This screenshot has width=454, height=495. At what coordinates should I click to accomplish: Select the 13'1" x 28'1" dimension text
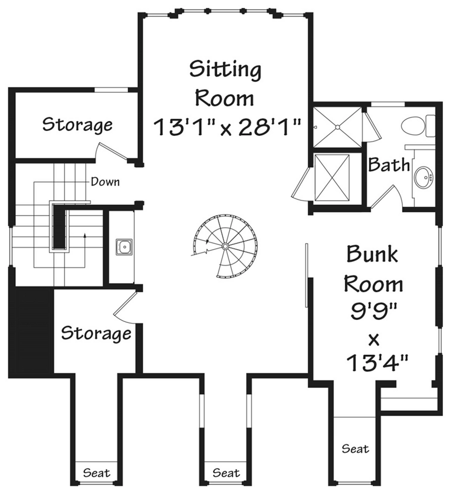[227, 127]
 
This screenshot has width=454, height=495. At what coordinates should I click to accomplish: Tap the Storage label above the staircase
[77, 125]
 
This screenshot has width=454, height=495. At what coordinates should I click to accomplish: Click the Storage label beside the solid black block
[96, 333]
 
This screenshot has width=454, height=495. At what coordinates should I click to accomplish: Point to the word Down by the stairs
[105, 182]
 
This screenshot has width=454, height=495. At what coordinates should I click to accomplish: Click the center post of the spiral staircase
[225, 246]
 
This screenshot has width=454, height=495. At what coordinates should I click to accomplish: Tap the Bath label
[389, 164]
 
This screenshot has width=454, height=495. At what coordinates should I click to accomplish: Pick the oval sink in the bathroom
[424, 177]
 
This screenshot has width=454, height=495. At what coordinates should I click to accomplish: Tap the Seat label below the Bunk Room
[355, 449]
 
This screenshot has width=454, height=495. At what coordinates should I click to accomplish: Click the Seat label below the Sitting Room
[226, 473]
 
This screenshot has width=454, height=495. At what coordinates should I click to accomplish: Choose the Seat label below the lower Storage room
[97, 473]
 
